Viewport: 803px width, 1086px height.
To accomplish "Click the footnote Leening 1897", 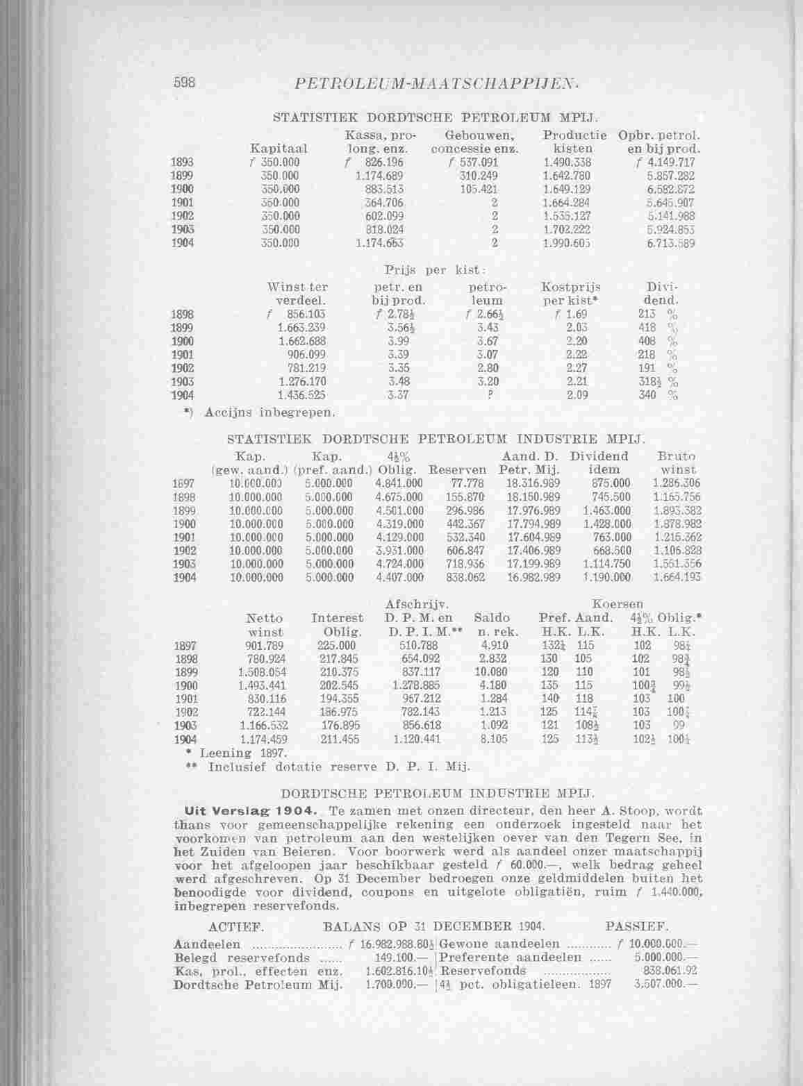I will coord(240,752).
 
